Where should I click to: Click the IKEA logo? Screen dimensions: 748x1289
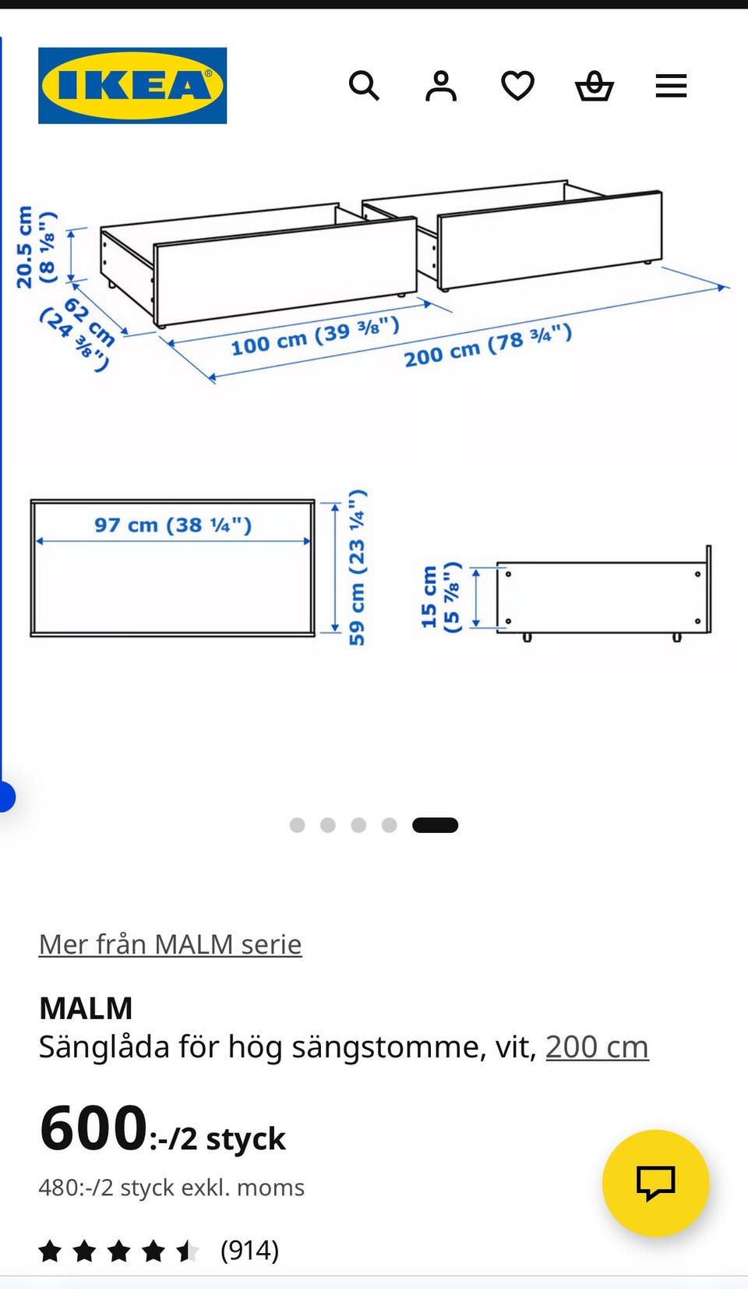[132, 86]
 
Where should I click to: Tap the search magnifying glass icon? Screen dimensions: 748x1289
[364, 87]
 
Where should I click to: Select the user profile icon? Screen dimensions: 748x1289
[441, 87]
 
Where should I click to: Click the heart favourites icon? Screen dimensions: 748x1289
[517, 86]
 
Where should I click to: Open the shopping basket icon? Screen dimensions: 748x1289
[595, 87]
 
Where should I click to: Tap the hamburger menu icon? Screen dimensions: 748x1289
[671, 86]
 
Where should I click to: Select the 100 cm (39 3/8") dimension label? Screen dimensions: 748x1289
[315, 337]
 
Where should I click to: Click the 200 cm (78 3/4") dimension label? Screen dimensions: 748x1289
[488, 346]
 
